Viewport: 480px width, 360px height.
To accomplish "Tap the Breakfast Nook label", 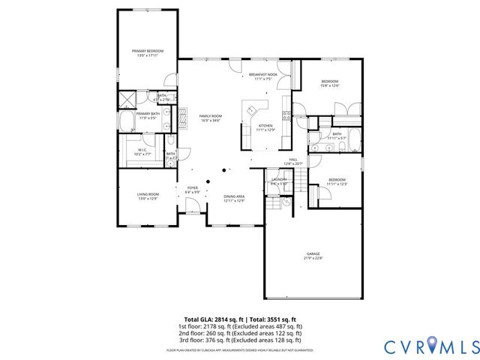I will tap(263, 75).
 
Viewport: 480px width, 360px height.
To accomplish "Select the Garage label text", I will tap(313, 254).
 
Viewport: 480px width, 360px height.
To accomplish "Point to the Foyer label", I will tap(193, 188).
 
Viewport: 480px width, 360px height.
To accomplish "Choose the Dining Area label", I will tap(234, 196).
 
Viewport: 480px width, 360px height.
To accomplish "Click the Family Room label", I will tap(209, 115).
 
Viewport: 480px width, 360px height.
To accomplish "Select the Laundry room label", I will tap(279, 180).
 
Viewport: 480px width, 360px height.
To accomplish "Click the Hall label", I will tap(293, 159).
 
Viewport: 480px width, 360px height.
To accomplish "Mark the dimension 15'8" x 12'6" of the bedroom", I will tap(331, 86).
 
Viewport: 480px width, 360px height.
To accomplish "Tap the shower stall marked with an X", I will tap(128, 98).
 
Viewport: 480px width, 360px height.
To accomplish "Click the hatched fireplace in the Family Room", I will tap(180, 115).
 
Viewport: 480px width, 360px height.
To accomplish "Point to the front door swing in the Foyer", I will tap(193, 215).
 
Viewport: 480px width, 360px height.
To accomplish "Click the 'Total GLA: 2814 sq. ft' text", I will tap(214, 319).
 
